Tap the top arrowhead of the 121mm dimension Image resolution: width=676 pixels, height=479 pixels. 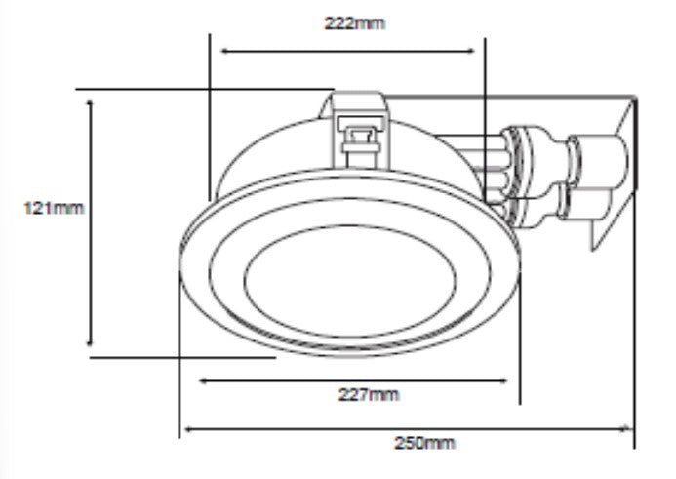(90, 102)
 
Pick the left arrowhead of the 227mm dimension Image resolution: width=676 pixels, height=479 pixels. (204, 380)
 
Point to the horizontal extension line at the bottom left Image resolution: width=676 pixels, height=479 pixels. (185, 357)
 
